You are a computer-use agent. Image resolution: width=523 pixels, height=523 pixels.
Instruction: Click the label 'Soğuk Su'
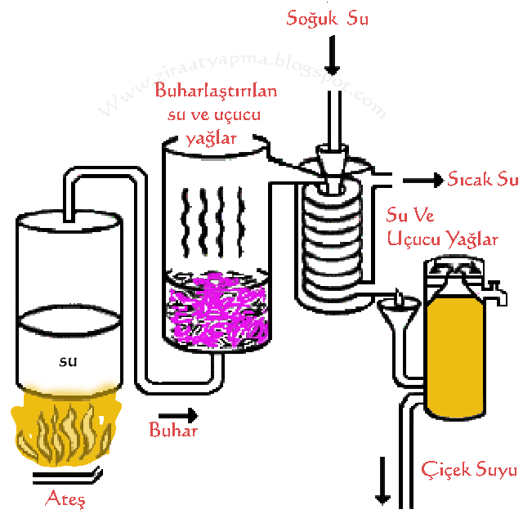327,18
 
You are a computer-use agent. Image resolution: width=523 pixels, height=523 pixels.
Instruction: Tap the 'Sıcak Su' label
483,180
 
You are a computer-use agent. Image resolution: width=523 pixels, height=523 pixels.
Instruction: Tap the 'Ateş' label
65,497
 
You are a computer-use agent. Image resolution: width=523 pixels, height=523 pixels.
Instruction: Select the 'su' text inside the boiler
69,360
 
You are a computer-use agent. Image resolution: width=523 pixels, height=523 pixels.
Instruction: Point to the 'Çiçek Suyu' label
469,470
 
